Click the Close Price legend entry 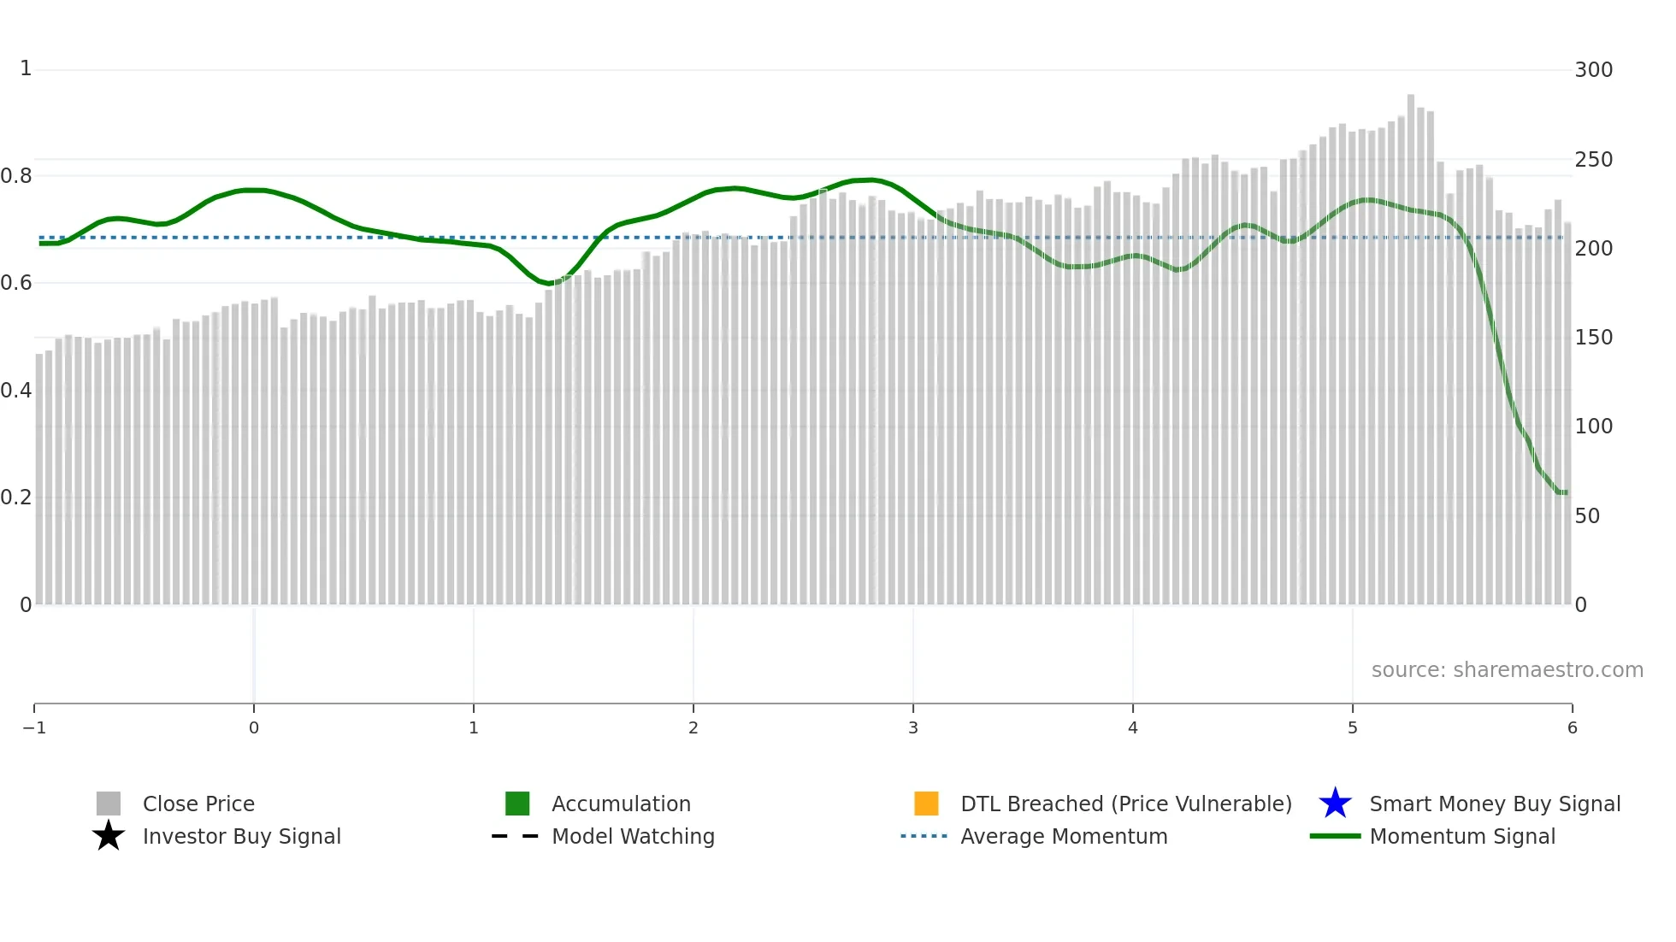pos(198,804)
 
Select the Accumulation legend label pos(621,804)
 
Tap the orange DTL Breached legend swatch pos(926,804)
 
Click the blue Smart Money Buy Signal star pos(1335,804)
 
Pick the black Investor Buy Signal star pos(109,836)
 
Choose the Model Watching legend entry pos(633,836)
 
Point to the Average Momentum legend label pos(1064,836)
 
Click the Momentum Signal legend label pos(1462,836)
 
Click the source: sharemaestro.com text pos(1507,669)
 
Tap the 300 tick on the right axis pos(1593,70)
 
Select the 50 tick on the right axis pos(1587,515)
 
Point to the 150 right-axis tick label pos(1593,338)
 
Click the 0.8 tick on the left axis pos(16,176)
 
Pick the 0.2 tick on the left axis pos(16,497)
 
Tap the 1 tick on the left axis pos(26,68)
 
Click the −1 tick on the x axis pos(34,727)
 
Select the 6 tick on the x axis pos(1572,727)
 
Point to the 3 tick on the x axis pos(913,727)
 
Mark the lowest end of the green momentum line pos(1564,492)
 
